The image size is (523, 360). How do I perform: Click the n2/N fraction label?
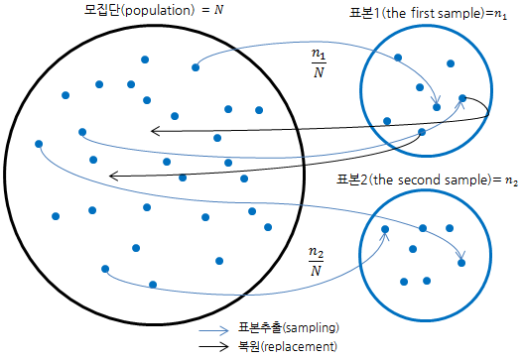coord(316,260)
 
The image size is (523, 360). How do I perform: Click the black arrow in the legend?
coord(213,346)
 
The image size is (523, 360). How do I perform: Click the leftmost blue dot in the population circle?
coord(39,144)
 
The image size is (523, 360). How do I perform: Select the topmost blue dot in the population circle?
coord(145,60)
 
